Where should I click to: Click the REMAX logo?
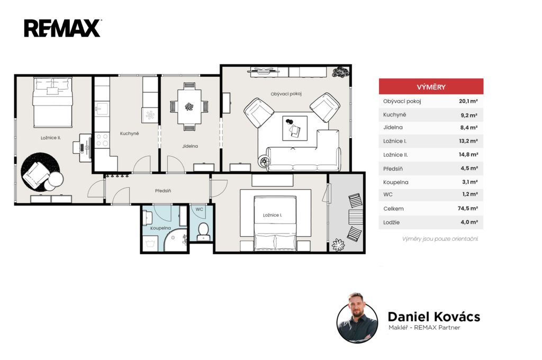pyautogui.click(x=62, y=28)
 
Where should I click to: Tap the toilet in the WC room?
pyautogui.click(x=203, y=231)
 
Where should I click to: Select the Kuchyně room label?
pyautogui.click(x=129, y=133)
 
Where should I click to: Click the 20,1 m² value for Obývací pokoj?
pyautogui.click(x=468, y=101)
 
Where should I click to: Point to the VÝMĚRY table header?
pyautogui.click(x=431, y=87)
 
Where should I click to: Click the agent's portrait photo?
pyautogui.click(x=357, y=318)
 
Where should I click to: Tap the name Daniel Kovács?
pyautogui.click(x=434, y=317)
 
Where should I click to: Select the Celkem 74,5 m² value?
pyautogui.click(x=468, y=209)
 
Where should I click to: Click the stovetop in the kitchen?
pyautogui.click(x=102, y=140)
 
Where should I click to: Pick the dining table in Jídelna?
pyautogui.click(x=189, y=106)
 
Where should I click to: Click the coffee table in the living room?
pyautogui.click(x=295, y=128)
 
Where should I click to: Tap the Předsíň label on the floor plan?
pyautogui.click(x=163, y=191)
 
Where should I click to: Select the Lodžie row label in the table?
pyautogui.click(x=391, y=222)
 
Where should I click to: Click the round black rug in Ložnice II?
pyautogui.click(x=40, y=172)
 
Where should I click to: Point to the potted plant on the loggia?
pyautogui.click(x=338, y=245)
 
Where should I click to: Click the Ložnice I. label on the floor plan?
pyautogui.click(x=273, y=215)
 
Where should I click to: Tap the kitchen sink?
pyautogui.click(x=102, y=109)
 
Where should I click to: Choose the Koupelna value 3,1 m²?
pyautogui.click(x=470, y=182)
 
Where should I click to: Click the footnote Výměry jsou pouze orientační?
pyautogui.click(x=440, y=239)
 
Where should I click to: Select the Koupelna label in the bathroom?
pyautogui.click(x=160, y=228)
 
